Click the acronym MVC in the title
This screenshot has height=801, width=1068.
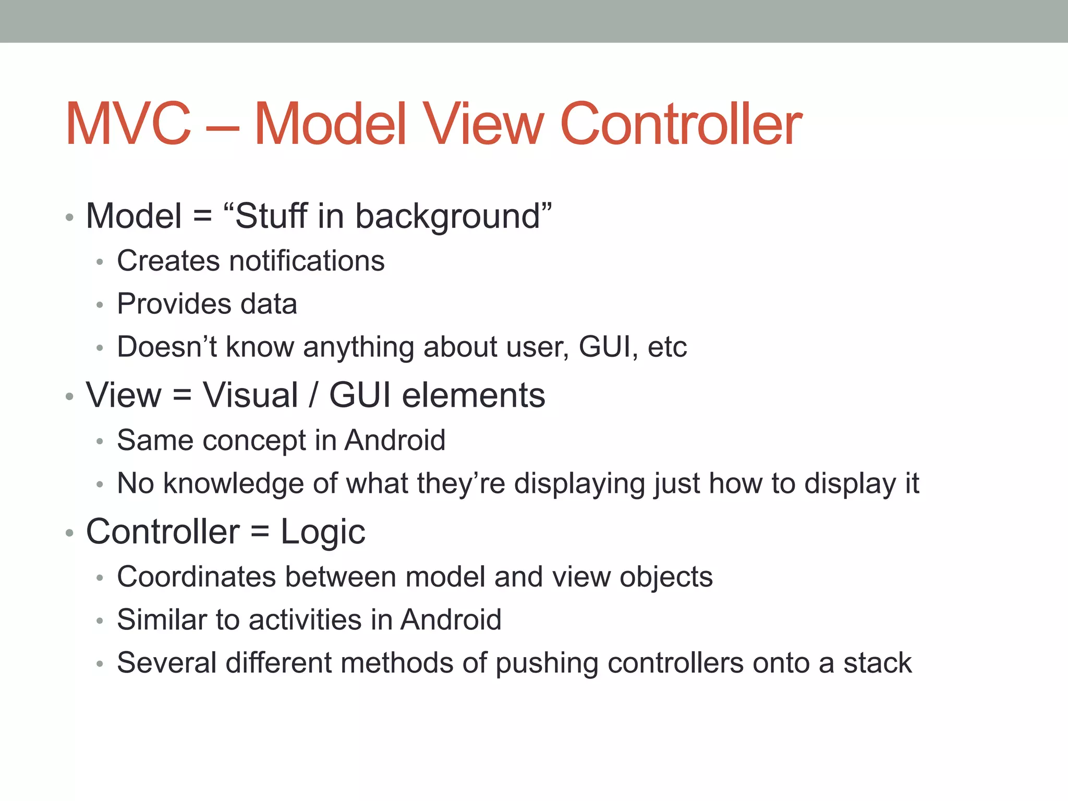click(128, 124)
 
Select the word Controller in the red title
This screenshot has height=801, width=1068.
click(681, 124)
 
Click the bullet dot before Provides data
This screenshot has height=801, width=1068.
click(100, 305)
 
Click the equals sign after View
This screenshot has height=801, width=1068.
click(182, 395)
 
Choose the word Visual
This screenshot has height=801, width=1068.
click(250, 395)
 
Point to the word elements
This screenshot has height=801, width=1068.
click(474, 395)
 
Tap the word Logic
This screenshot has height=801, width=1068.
click(323, 532)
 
